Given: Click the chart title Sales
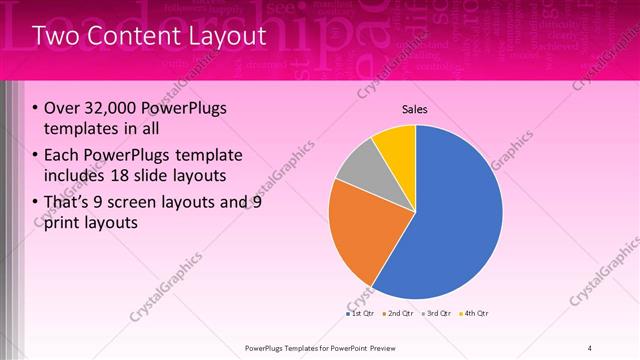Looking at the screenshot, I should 415,109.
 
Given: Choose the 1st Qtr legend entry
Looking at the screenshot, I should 361,314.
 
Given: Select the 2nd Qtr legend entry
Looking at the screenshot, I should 399,314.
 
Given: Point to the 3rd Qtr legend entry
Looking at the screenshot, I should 437,314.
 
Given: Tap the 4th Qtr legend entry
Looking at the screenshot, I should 475,314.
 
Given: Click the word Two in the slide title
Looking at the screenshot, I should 56,37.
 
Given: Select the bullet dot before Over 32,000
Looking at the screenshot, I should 35,108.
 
